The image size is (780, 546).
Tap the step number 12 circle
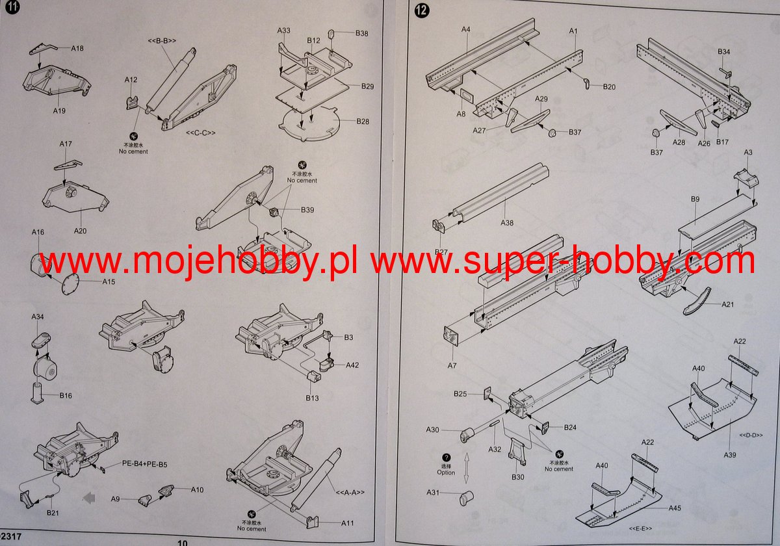click(421, 11)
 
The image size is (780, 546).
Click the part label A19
click(60, 110)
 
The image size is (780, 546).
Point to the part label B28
click(363, 122)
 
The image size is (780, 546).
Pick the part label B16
click(66, 395)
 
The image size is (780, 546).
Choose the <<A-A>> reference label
click(350, 491)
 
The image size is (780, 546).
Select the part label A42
click(352, 365)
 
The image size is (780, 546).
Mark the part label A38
click(507, 222)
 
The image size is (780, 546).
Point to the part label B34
click(723, 51)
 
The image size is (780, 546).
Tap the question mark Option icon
click(447, 458)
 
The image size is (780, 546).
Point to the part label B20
click(609, 86)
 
